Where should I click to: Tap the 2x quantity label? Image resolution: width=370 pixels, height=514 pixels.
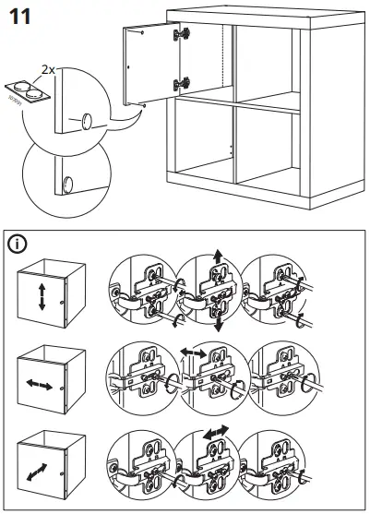click(x=50, y=68)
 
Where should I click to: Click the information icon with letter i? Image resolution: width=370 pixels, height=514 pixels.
click(x=18, y=245)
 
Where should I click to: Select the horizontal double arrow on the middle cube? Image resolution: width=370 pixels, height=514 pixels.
click(x=41, y=381)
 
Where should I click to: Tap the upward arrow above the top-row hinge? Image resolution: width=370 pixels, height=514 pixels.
click(x=218, y=256)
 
